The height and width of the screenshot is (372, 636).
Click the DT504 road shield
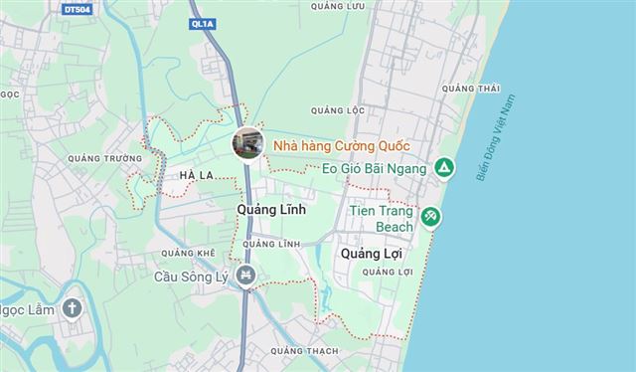(76, 10)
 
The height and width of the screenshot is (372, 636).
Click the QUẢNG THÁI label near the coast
(470, 90)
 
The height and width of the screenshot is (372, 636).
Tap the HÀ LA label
(197, 176)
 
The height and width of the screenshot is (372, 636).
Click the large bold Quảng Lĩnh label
(271, 211)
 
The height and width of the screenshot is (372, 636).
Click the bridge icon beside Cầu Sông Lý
(246, 275)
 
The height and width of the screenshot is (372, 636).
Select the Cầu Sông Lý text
(194, 275)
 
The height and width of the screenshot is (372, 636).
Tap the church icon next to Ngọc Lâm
(71, 307)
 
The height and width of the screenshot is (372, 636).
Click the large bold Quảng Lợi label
(370, 254)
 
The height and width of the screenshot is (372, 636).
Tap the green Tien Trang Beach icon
(430, 216)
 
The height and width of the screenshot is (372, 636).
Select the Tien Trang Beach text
(382, 219)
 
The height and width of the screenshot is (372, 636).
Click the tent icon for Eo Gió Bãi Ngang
(444, 168)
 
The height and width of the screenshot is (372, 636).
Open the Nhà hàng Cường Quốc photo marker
(248, 142)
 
